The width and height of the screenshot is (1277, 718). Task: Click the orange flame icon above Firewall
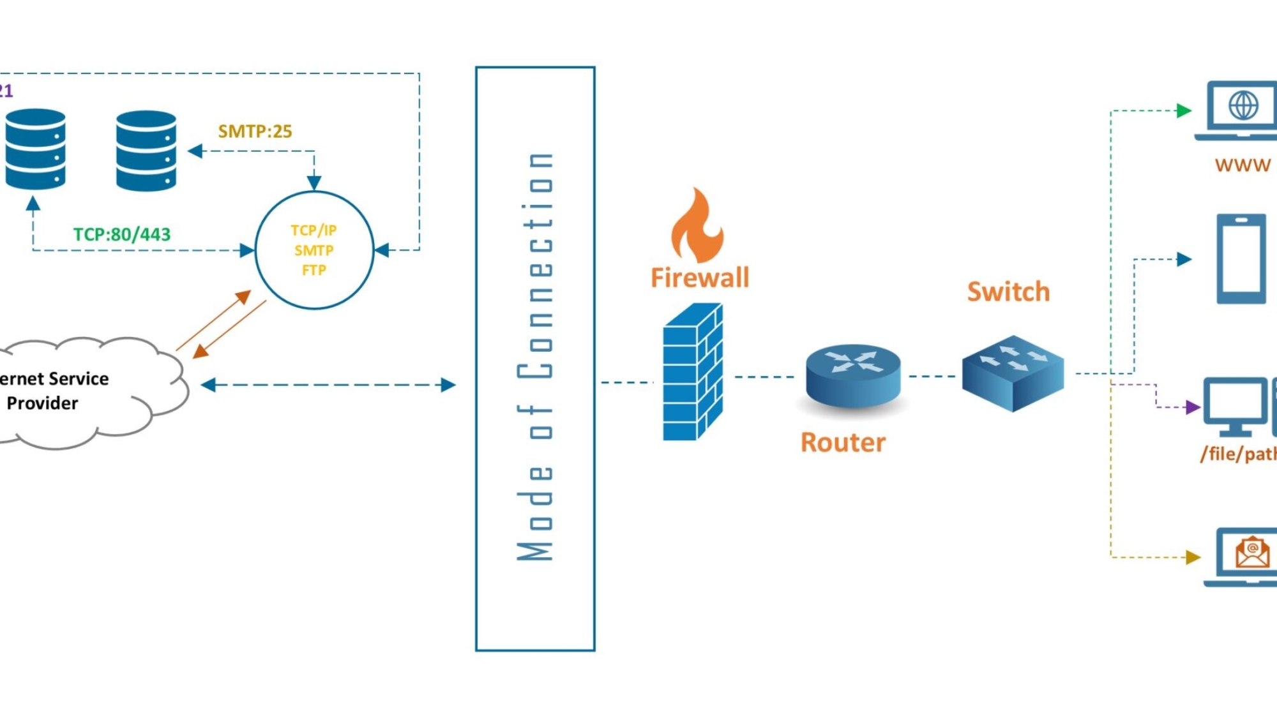(697, 227)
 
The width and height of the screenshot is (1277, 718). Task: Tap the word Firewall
(700, 278)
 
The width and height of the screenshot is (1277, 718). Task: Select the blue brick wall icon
(693, 372)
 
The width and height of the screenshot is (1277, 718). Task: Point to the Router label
(843, 442)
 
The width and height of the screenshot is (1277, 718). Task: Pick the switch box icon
(1013, 373)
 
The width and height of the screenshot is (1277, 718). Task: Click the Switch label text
(1008, 292)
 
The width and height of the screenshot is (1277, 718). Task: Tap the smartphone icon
(1241, 258)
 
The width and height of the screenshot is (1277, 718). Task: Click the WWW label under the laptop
(1243, 165)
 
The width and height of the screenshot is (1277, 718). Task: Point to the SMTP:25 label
(255, 131)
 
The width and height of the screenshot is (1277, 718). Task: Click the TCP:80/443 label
(122, 234)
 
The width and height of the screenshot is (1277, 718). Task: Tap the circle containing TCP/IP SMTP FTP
(314, 250)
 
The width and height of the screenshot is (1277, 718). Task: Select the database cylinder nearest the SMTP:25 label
(146, 151)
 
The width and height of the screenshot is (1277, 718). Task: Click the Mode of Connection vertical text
(535, 357)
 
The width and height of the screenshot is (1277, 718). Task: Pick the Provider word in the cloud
(42, 403)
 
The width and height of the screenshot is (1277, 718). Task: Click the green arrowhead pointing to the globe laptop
(1184, 110)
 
